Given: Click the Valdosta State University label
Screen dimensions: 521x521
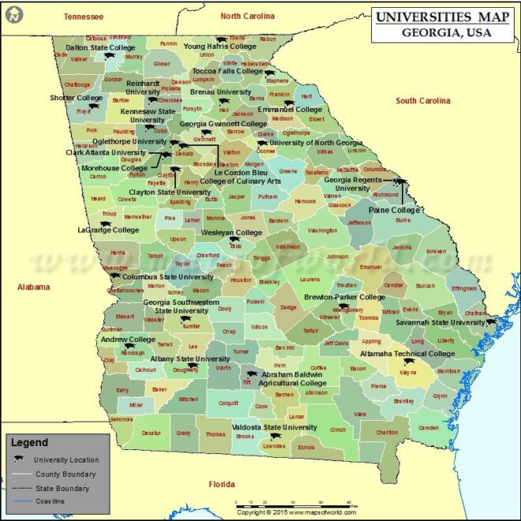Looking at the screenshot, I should point(274,427).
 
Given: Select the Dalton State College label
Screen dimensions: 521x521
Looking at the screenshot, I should point(100,47).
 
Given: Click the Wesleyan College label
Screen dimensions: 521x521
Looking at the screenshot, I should point(231,233).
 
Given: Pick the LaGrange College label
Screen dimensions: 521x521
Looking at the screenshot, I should point(108,231).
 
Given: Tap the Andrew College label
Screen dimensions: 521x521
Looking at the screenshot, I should point(128,339).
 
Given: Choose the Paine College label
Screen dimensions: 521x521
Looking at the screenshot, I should point(395,210).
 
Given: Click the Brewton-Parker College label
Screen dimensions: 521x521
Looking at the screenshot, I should point(345,297).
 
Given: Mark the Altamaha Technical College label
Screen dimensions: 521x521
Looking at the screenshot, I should point(407,354).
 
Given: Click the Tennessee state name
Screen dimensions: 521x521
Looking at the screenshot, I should point(84,16).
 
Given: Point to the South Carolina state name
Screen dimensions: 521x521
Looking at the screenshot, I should point(423,101).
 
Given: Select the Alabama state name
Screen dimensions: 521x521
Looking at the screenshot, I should point(35,287).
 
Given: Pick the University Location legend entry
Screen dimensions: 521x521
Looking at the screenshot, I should point(71,459).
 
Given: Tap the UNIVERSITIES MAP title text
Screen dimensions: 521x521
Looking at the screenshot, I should point(442,17).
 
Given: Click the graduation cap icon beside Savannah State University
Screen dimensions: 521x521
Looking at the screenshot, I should point(491,322).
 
